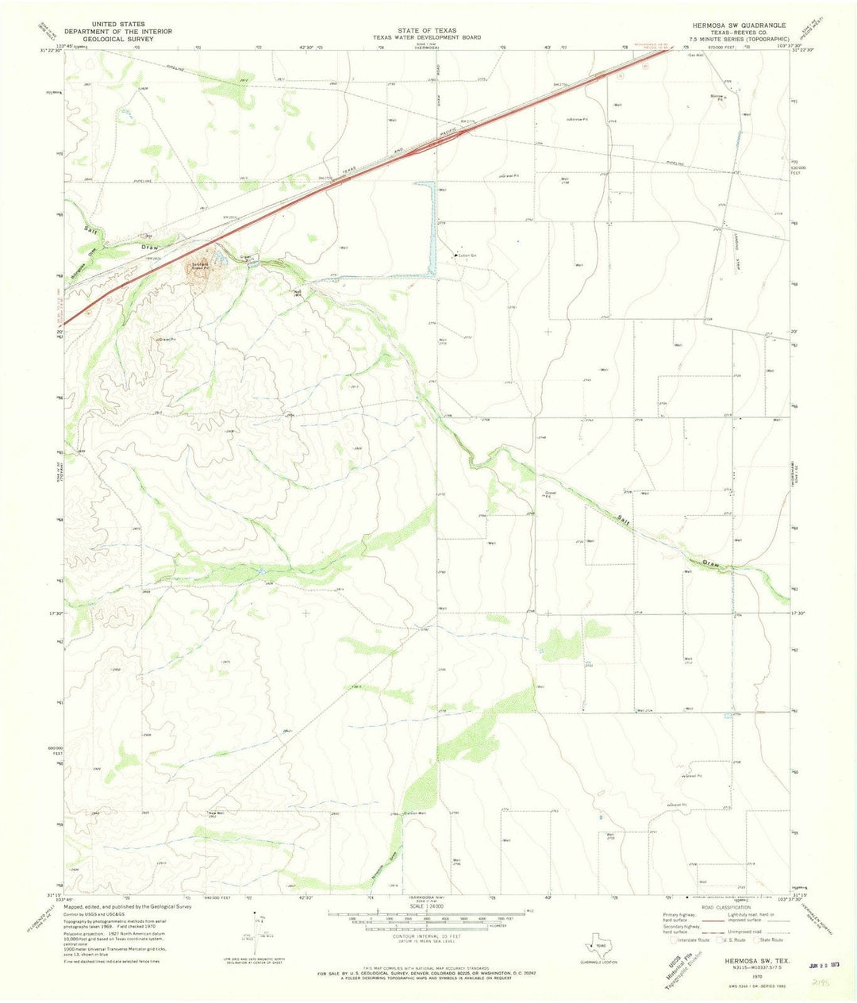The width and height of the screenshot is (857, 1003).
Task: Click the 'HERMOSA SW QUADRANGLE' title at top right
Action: pos(739,25)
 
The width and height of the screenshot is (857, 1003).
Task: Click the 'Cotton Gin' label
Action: pos(464,256)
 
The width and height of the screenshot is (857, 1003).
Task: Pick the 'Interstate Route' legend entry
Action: pos(694,940)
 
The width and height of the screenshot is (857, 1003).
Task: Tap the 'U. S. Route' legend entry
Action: pos(733,940)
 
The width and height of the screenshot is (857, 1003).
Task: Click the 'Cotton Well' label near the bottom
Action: pos(416,813)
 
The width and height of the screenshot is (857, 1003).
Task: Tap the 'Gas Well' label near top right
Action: pos(696,56)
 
